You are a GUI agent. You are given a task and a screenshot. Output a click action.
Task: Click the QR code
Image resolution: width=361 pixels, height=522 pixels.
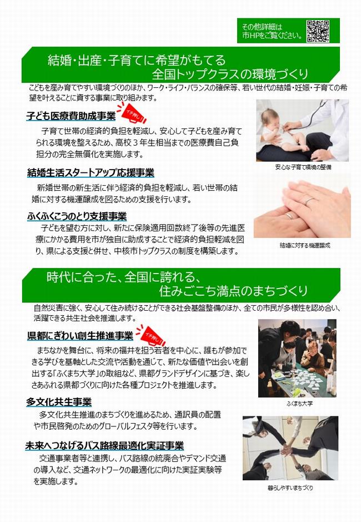(x=318, y=31)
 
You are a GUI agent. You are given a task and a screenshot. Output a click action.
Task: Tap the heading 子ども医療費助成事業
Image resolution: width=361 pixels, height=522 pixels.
(x=71, y=116)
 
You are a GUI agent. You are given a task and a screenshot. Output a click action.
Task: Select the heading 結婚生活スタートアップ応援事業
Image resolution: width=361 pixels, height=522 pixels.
(x=91, y=173)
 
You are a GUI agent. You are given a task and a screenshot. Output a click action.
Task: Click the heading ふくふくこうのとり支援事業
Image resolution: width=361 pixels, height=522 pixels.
(x=77, y=216)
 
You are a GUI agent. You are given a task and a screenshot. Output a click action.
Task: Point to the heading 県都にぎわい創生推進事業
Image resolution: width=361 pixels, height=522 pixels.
(x=80, y=336)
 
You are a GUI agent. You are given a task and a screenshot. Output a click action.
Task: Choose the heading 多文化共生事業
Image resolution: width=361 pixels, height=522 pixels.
(x=59, y=402)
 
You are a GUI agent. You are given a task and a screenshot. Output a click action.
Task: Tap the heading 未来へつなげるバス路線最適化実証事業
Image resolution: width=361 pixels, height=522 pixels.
(x=104, y=445)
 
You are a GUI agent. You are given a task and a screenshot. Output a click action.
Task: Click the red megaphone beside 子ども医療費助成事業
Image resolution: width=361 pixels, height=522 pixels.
(x=133, y=114)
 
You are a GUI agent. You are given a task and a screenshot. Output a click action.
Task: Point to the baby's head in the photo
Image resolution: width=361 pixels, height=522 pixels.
(x=270, y=119)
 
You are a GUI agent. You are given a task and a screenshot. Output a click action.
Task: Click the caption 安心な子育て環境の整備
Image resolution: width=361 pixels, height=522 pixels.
(x=303, y=167)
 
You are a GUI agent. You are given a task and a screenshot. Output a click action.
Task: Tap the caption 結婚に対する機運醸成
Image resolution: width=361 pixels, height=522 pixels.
(x=305, y=245)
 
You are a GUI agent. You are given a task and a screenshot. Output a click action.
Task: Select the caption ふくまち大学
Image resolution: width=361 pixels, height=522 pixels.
(x=299, y=404)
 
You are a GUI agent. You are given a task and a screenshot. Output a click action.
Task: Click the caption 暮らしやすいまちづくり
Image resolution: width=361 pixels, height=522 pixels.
(x=290, y=488)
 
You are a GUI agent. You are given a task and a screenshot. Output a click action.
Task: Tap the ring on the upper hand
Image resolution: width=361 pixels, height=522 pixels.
(x=309, y=201)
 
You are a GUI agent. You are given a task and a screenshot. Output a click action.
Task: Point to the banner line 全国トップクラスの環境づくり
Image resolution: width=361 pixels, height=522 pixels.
(x=230, y=74)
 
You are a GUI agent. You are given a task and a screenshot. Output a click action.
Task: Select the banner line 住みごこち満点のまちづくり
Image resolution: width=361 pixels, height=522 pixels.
(x=233, y=291)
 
